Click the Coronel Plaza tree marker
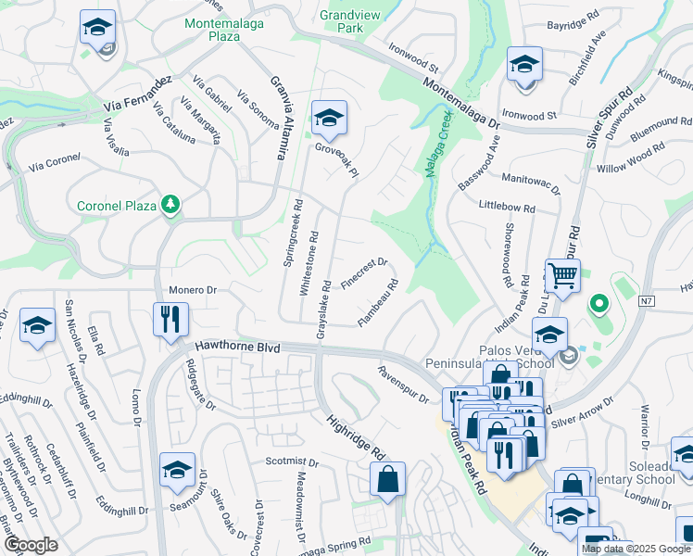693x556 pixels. (x=170, y=204)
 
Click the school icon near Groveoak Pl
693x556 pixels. (x=328, y=118)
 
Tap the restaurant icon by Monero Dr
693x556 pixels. (x=170, y=320)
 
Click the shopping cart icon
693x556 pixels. (x=561, y=275)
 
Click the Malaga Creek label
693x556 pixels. (x=436, y=147)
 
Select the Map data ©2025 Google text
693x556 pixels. (x=636, y=549)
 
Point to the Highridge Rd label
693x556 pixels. (x=355, y=436)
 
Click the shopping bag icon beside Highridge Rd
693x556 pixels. (x=387, y=479)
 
